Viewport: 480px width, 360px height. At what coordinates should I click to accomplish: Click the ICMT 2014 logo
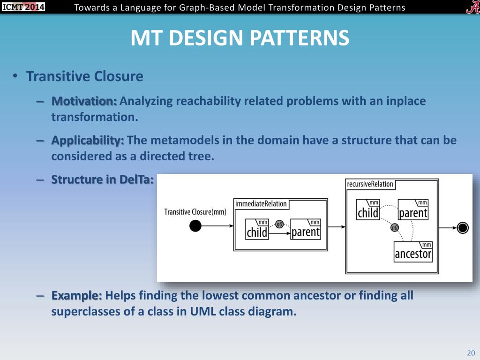[x=23, y=7]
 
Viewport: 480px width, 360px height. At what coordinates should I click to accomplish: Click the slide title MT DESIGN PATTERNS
[x=240, y=38]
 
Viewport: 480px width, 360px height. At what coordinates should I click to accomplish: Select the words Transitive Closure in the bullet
[x=84, y=76]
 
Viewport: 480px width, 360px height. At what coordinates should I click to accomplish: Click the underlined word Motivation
[x=84, y=101]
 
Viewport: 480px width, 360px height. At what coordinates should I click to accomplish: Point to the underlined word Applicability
[x=87, y=140]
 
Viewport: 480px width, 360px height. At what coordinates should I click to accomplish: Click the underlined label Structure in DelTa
[x=102, y=179]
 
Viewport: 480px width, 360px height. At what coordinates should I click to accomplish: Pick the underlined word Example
[x=76, y=296]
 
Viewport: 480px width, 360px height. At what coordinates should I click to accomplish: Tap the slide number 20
[x=471, y=353]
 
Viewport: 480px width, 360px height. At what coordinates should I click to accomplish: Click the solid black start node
[x=195, y=226]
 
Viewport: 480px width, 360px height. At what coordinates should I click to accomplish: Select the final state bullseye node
[x=463, y=228]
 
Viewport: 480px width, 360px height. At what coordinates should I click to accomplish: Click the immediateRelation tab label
[x=261, y=204]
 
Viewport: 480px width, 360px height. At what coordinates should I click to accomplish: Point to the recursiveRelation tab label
[x=370, y=184]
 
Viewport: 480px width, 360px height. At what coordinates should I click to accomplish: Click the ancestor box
[x=413, y=252]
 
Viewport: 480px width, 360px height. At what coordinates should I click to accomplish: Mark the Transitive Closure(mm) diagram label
[x=195, y=211]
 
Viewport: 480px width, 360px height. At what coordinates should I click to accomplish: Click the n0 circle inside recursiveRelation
[x=394, y=228]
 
